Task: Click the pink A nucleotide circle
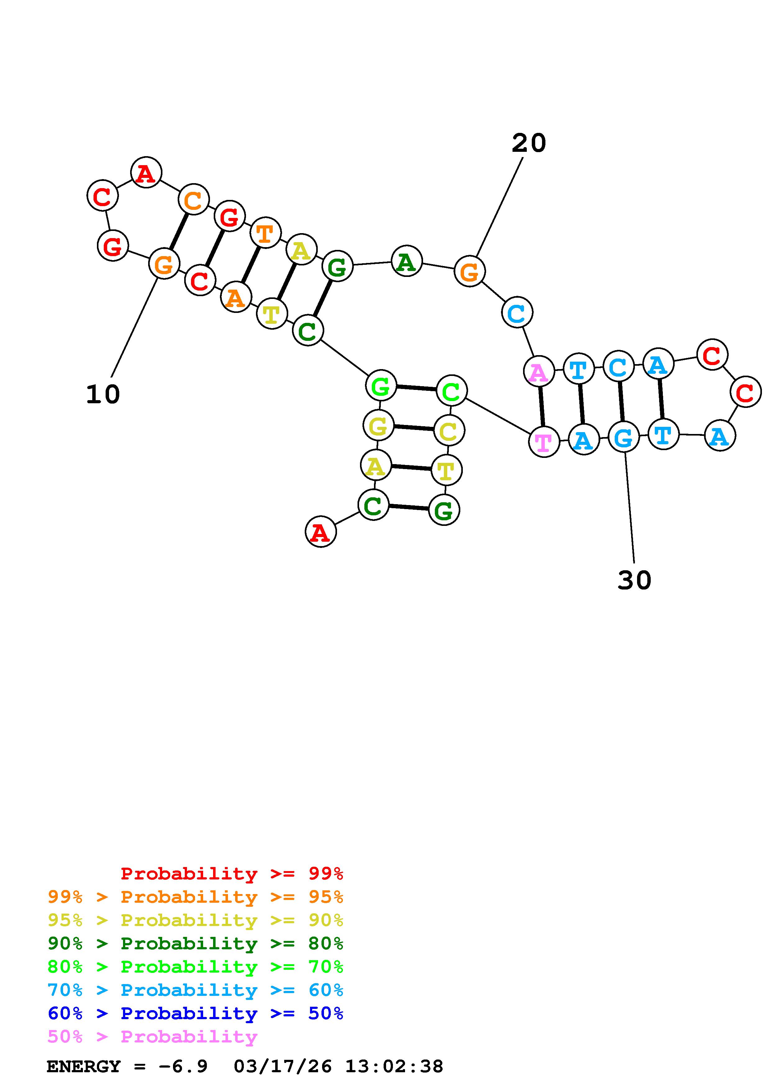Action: (539, 372)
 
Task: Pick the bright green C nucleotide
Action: (451, 391)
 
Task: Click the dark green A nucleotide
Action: (407, 261)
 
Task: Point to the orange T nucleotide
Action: (265, 233)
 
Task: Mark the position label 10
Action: (103, 395)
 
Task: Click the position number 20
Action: (529, 143)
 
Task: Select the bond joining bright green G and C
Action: (416, 388)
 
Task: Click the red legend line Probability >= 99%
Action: (231, 874)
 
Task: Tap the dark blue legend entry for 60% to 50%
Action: (195, 1014)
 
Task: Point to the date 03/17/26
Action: (283, 1067)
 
